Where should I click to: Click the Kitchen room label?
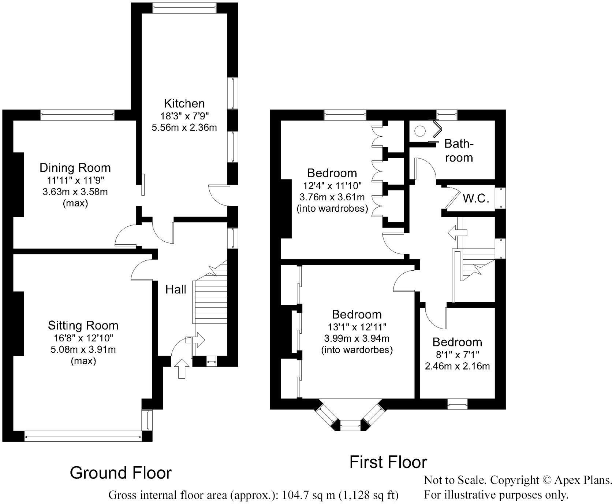(x=184, y=103)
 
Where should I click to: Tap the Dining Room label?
(x=75, y=168)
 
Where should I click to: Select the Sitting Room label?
(x=83, y=325)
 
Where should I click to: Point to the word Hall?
(x=176, y=290)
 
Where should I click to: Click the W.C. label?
(x=476, y=199)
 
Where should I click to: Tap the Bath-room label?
(x=459, y=151)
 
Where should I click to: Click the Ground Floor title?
(x=120, y=473)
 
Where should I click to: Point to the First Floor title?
(x=388, y=462)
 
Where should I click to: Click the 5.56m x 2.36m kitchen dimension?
(x=184, y=127)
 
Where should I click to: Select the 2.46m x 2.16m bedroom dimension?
(x=457, y=366)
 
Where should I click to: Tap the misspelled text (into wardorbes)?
(x=357, y=350)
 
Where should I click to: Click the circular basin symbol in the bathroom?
(x=420, y=130)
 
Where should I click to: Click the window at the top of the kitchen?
(x=184, y=8)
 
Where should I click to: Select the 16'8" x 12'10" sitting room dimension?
(x=83, y=338)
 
